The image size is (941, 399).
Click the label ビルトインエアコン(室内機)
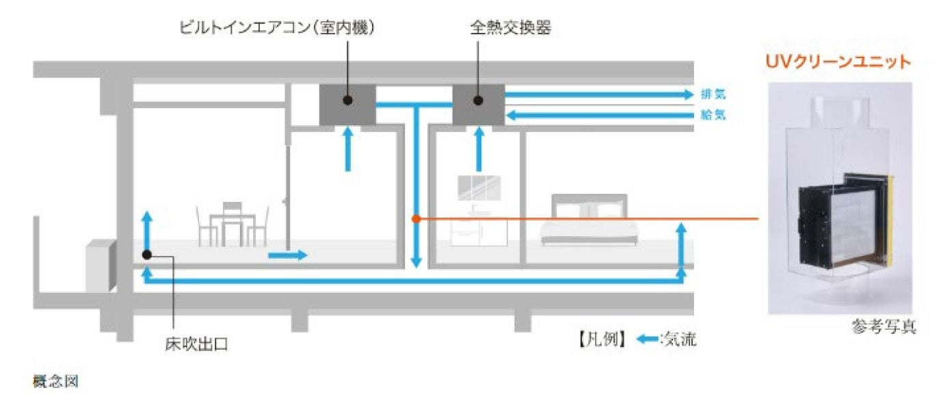[x=277, y=28]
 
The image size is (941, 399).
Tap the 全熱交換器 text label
[x=510, y=28]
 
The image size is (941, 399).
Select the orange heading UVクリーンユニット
[x=838, y=62]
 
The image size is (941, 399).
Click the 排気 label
[x=713, y=94]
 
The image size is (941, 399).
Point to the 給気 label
[x=713, y=115]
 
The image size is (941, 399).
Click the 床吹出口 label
[x=196, y=344]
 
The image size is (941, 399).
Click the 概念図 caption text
[x=56, y=380]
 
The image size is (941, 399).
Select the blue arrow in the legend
[x=646, y=338]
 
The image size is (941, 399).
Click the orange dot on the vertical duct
[x=416, y=219]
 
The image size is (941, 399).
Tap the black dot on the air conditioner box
[x=347, y=101]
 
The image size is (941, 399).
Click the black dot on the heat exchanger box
[x=478, y=101]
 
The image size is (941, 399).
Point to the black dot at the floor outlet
[x=147, y=255]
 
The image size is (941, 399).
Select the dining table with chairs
[x=232, y=224]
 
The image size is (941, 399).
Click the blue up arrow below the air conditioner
[x=347, y=149]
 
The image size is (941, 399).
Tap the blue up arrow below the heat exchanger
[x=478, y=149]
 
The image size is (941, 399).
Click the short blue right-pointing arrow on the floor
[x=287, y=255]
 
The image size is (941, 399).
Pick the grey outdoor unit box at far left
[x=101, y=266]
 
